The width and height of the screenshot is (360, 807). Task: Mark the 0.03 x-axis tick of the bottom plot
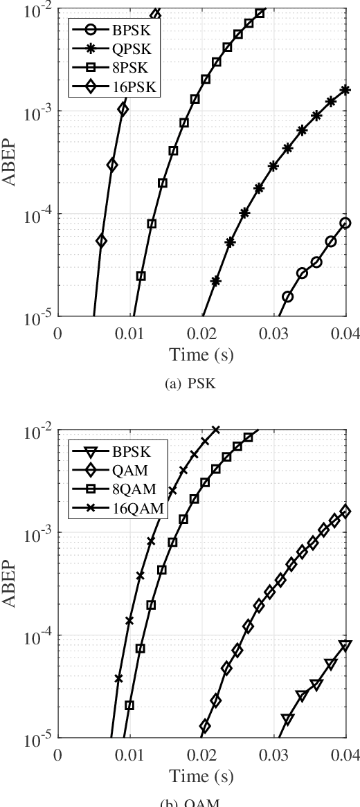(x=273, y=755)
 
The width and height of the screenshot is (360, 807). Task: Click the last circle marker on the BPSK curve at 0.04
(x=345, y=223)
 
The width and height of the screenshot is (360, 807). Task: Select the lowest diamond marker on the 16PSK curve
(x=101, y=241)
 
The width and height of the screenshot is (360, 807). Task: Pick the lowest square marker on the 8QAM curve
(x=129, y=705)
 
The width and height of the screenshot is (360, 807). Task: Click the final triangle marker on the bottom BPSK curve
(x=345, y=646)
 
